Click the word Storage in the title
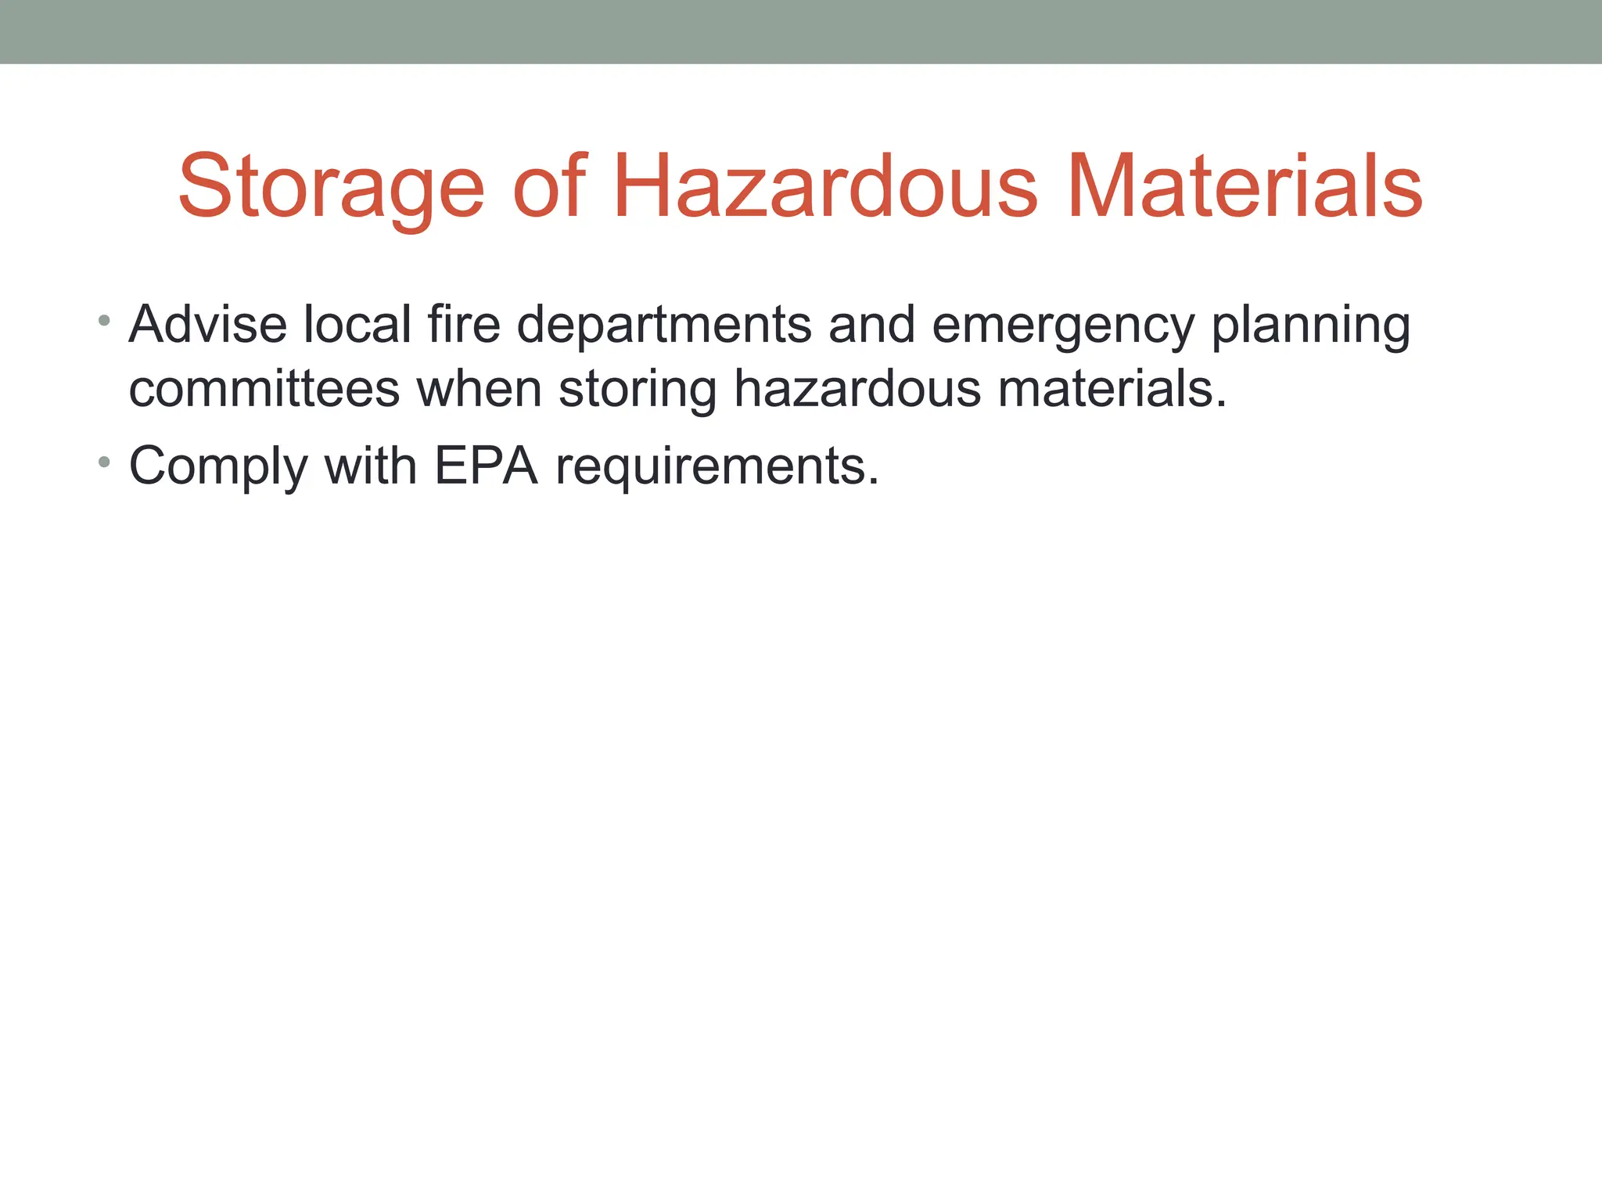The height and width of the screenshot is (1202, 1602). tap(332, 188)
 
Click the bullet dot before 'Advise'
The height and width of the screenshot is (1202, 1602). tap(104, 320)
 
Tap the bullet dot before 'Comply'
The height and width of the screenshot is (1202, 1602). tap(104, 462)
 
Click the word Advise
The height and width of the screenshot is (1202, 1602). tap(208, 324)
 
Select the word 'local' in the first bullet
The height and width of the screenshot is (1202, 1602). tap(357, 324)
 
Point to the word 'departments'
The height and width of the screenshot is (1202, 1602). tap(664, 326)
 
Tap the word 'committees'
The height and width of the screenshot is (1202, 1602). tap(264, 389)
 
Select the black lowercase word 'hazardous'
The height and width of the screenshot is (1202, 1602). tap(857, 389)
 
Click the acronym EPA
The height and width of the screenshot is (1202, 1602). tap(486, 466)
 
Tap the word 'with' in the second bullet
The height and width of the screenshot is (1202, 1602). tap(371, 466)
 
